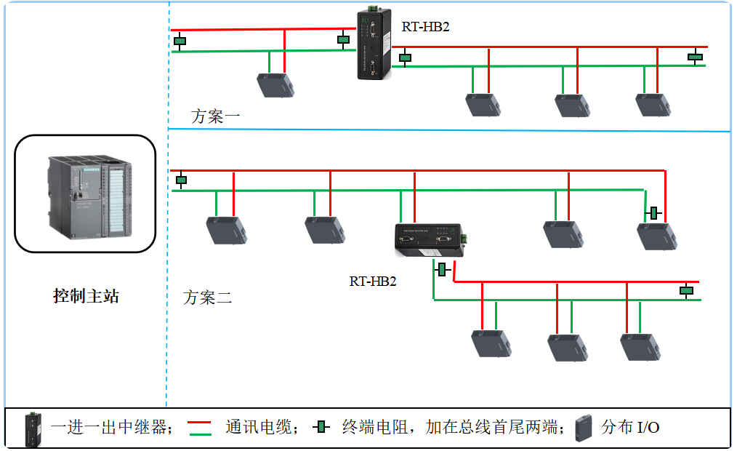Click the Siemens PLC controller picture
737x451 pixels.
pos(85,193)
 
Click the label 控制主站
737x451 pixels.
pos(85,296)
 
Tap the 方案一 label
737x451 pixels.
pos(215,116)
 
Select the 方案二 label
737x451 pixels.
pos(207,297)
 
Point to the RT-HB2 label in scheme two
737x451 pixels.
pos(373,282)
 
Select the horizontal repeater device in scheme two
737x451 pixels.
pos(429,239)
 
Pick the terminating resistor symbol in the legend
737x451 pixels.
pos(321,427)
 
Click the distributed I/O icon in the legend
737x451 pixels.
pos(583,427)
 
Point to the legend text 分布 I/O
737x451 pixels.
pos(630,427)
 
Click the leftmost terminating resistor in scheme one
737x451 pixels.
pos(180,41)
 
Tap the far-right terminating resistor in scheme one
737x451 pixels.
pos(695,56)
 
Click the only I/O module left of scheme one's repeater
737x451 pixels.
pos(276,84)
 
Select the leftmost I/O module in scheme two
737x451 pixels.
pos(222,230)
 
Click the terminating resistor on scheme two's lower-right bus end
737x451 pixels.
pos(685,291)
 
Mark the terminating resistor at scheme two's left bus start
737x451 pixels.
pos(182,180)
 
